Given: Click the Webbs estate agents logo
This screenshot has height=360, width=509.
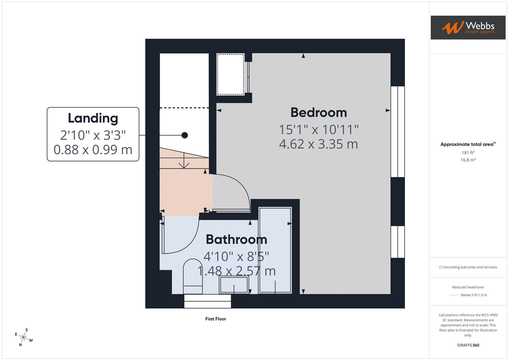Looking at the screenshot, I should tap(468, 27).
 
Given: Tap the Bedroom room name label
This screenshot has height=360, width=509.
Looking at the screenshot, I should tap(318, 112).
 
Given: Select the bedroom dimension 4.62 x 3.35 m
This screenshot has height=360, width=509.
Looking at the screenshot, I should tap(318, 144).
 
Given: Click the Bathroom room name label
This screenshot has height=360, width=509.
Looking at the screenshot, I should tap(236, 239).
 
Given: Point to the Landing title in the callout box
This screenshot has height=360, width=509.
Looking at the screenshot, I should tap(93, 118).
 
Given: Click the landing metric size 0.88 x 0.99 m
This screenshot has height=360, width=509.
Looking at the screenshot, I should tap(93, 150).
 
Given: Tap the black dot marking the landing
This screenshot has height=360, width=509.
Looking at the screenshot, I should tap(185, 135).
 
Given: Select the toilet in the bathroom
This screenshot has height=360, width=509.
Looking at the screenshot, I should tap(193, 277).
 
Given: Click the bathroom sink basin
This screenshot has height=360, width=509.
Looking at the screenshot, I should tap(234, 285).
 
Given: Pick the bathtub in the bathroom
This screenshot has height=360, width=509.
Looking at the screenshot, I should tap(275, 250).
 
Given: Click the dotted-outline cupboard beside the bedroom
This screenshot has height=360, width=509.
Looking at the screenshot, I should tap(230, 74).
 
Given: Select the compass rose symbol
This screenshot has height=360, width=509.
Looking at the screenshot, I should tap(24, 337).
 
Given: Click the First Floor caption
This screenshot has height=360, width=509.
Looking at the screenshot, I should tap(216, 319).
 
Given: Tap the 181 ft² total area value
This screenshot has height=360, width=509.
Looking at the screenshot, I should tap(468, 153).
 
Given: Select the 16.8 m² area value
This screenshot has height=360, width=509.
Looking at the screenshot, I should tap(468, 160).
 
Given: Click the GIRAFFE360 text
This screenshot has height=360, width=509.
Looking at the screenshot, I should tap(468, 345).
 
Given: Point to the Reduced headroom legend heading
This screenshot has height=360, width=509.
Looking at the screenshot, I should tap(468, 287).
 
